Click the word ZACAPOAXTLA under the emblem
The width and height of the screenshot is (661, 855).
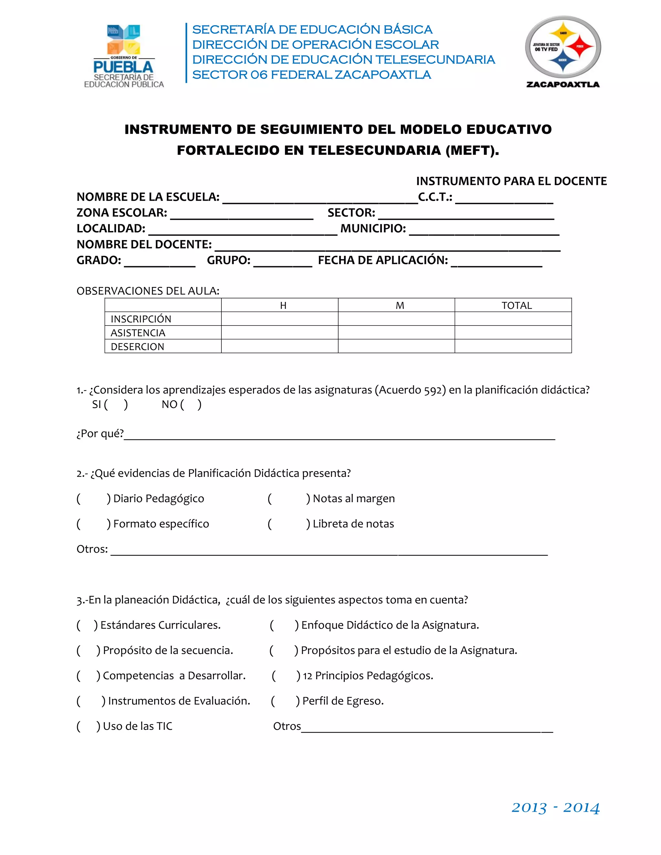click(563, 85)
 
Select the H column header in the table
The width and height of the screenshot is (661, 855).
click(283, 305)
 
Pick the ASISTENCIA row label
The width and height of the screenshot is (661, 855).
click(138, 333)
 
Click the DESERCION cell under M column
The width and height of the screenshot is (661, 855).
click(396, 346)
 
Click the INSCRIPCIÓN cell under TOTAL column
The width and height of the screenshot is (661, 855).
click(513, 319)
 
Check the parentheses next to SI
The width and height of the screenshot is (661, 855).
click(116, 404)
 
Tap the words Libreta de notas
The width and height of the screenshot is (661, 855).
click(353, 524)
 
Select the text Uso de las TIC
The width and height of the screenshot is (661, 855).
click(137, 726)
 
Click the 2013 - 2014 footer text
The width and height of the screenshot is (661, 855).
click(555, 808)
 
